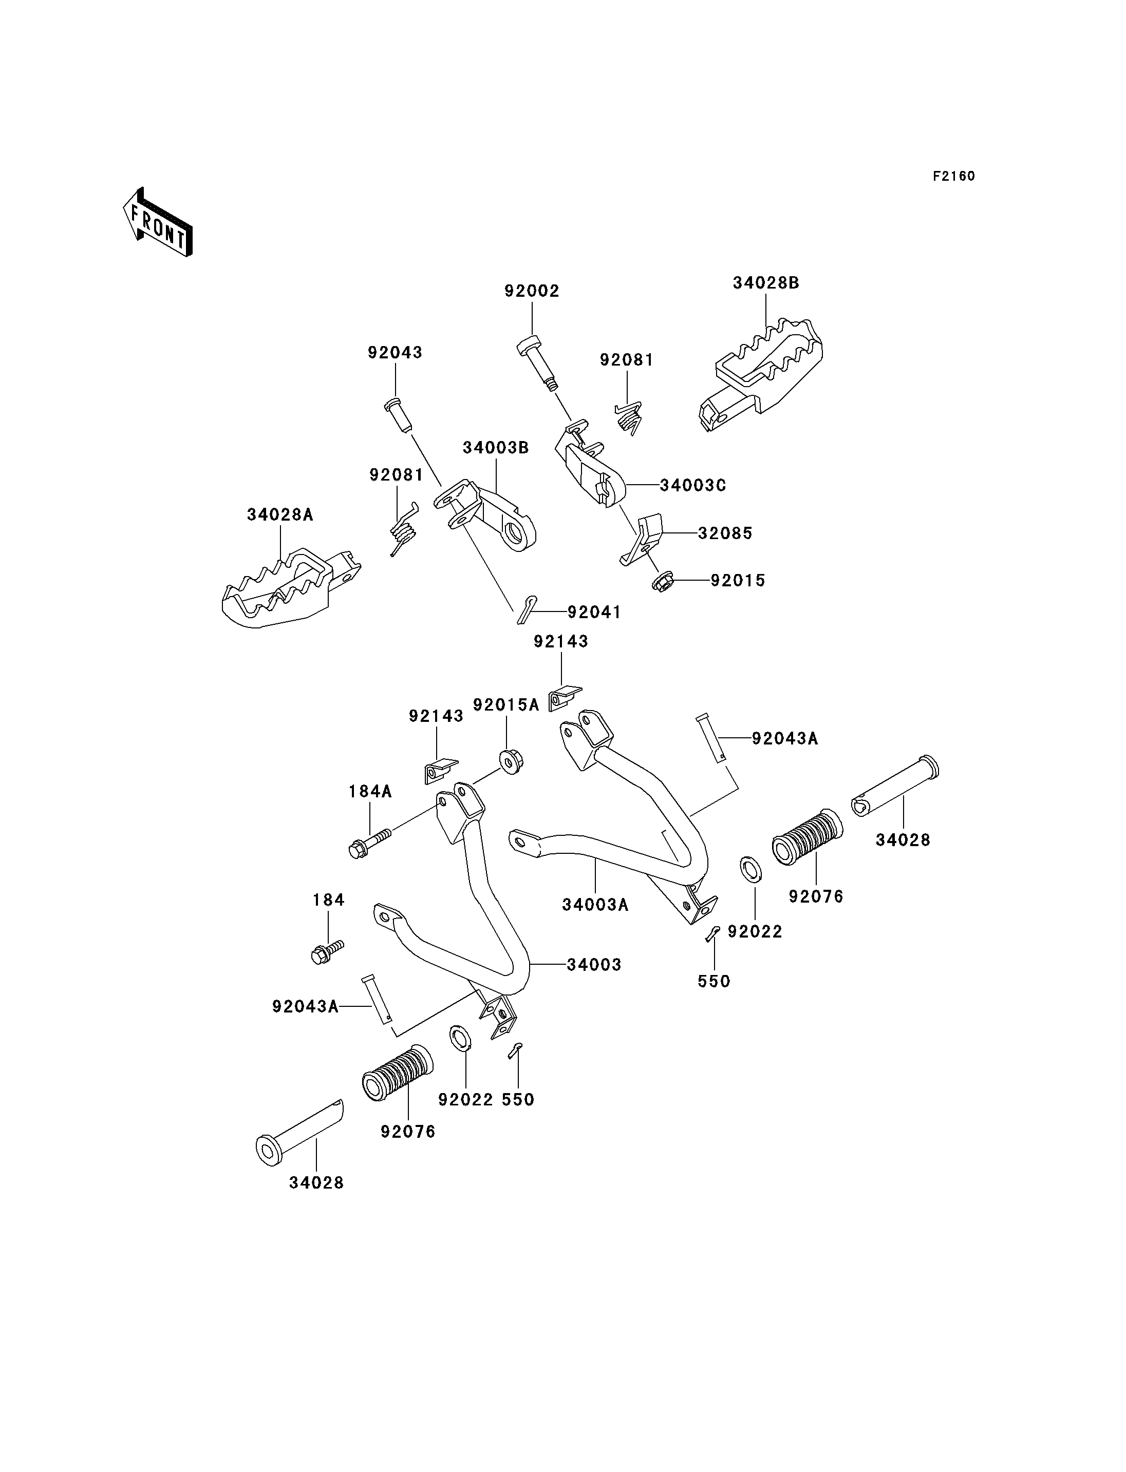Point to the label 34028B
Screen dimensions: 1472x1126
[765, 283]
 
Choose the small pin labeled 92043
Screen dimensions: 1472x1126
[400, 415]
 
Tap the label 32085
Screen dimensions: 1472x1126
[725, 533]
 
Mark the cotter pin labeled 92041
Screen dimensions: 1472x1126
[527, 608]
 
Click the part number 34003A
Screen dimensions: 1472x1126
[595, 905]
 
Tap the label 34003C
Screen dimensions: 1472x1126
[692, 485]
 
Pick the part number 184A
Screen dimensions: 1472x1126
[370, 791]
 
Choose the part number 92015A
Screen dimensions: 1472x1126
[506, 704]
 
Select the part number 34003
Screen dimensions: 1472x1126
[594, 964]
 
